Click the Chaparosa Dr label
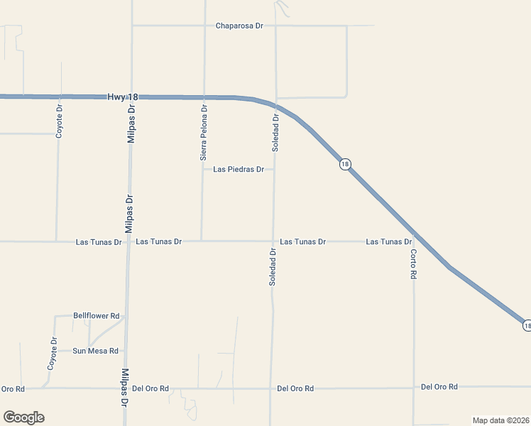[x=239, y=26]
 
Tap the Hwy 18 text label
[x=124, y=96]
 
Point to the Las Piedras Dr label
[x=239, y=170]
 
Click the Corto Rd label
[x=413, y=263]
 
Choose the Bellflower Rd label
[x=97, y=315]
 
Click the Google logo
[x=23, y=417]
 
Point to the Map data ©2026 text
[x=500, y=420]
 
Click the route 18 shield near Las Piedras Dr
[x=345, y=164]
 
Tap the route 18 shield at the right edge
[x=527, y=325]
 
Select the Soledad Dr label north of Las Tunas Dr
[x=275, y=133]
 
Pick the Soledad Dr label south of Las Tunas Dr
[x=273, y=266]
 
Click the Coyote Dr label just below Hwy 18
[x=60, y=121]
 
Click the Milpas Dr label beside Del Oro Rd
[x=125, y=386]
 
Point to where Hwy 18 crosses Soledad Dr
[x=276, y=104]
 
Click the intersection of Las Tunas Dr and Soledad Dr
[x=273, y=241]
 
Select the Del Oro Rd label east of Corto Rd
[x=439, y=387]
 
